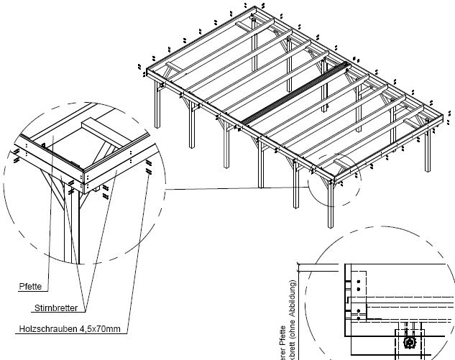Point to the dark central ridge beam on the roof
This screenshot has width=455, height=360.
[295, 93]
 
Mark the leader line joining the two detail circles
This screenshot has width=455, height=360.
[237, 189]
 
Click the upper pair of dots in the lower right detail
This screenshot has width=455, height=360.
[354, 281]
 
